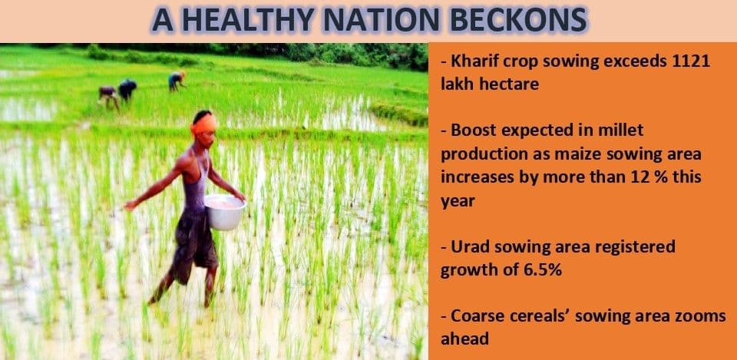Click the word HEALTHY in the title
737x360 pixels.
click(x=248, y=20)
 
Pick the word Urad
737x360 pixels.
click(x=471, y=246)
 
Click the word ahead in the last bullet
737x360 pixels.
click(x=465, y=339)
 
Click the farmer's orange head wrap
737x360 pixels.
click(x=204, y=124)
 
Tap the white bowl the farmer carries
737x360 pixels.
click(x=224, y=212)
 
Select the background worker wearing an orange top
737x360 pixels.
click(x=177, y=81)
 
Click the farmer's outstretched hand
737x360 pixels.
click(x=130, y=206)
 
